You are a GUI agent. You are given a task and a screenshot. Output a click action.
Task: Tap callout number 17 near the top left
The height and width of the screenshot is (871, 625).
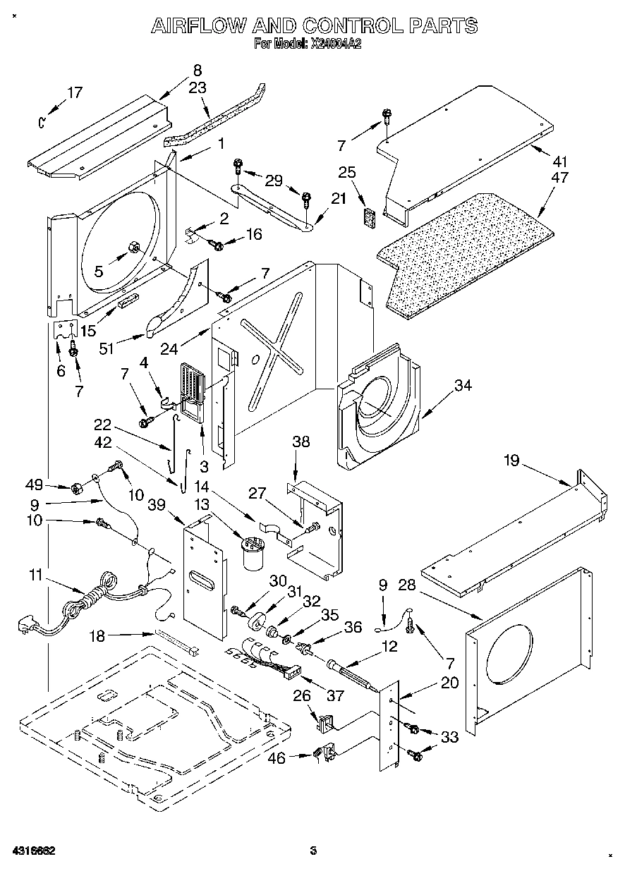click(x=74, y=92)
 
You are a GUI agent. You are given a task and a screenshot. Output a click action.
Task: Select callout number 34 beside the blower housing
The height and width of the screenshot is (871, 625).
click(x=463, y=385)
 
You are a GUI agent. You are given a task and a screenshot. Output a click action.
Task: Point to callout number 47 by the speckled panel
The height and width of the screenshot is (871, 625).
click(x=559, y=178)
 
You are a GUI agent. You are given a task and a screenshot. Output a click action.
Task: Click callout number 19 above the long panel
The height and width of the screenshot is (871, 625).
click(x=511, y=461)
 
